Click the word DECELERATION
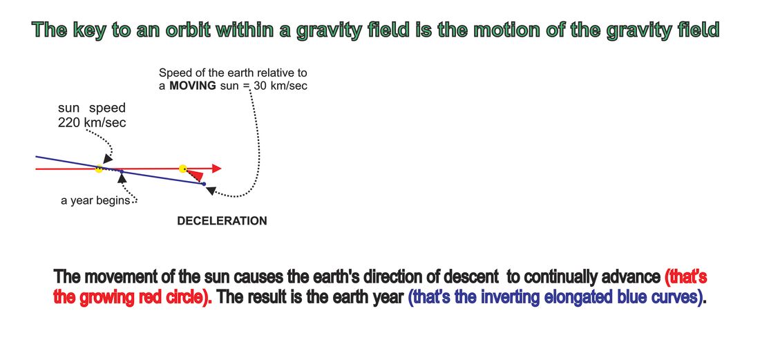point(222,221)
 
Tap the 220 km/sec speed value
point(92,123)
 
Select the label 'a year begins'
point(95,200)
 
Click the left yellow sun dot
point(99,169)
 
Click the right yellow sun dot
point(182,169)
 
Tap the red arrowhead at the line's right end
point(217,169)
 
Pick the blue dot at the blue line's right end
point(204,184)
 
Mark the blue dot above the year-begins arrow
point(122,171)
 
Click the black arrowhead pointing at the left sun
point(108,159)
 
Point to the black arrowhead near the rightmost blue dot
point(211,191)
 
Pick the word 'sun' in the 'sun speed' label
point(69,108)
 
